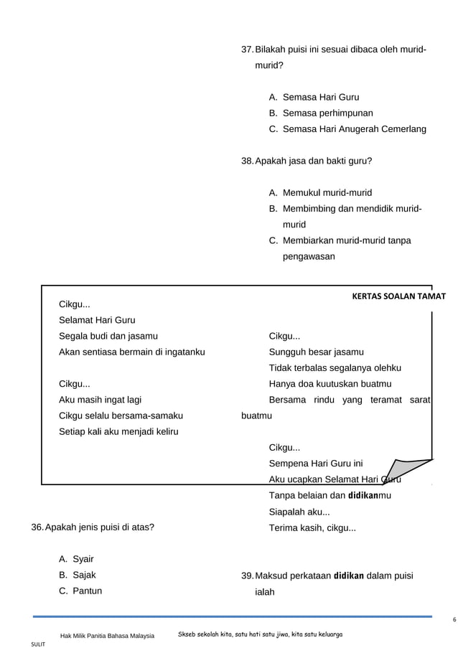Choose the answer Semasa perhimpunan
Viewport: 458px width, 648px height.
(327, 113)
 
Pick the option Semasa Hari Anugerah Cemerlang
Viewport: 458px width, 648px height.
(354, 129)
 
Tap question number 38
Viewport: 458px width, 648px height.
(248, 161)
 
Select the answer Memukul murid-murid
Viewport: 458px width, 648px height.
(327, 193)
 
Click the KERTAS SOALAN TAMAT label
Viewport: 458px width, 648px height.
(399, 296)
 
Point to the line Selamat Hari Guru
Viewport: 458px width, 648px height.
(97, 320)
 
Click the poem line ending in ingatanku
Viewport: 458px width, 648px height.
(132, 352)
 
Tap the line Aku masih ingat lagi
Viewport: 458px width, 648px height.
(100, 400)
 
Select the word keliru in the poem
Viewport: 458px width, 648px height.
(163, 431)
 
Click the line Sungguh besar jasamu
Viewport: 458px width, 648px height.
(316, 352)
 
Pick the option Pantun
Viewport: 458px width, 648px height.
(87, 591)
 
